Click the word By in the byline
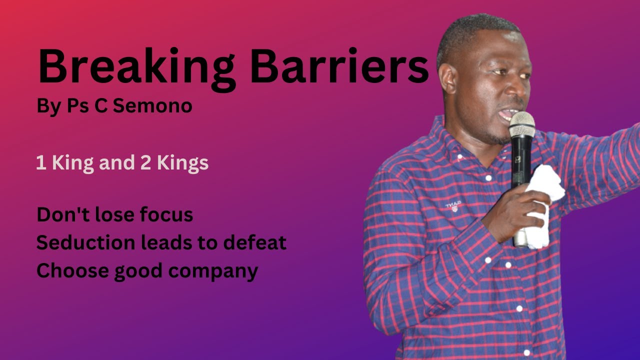tap(48, 106)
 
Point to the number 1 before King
tap(40, 163)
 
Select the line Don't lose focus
tap(114, 214)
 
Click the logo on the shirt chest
tap(453, 205)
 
